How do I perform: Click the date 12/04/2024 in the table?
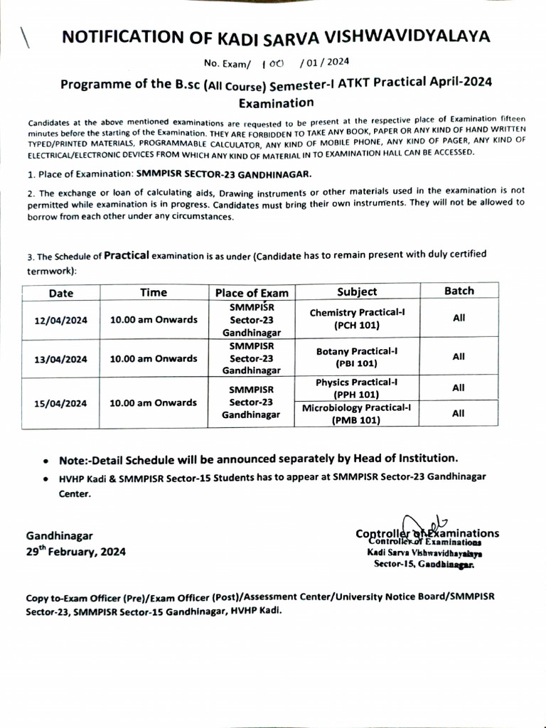(61, 321)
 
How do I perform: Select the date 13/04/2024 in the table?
(61, 359)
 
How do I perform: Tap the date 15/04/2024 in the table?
(61, 402)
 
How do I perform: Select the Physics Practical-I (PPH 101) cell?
(357, 388)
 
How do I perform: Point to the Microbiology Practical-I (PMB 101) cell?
(357, 414)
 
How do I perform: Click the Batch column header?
(459, 291)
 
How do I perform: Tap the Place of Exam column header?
(252, 293)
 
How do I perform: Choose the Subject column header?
(357, 291)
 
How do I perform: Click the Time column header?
(154, 292)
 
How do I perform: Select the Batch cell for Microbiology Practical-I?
(459, 413)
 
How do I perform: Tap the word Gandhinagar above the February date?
(59, 535)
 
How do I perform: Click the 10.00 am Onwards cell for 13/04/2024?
(154, 359)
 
